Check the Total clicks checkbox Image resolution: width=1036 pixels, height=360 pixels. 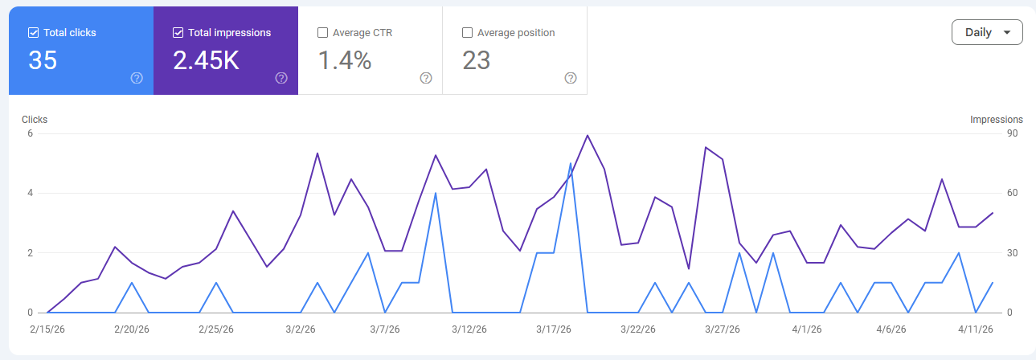click(x=33, y=33)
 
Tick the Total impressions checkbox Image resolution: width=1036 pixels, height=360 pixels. click(x=178, y=33)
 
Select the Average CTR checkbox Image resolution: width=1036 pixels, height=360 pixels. click(x=323, y=33)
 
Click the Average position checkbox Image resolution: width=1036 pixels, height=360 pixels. click(x=468, y=33)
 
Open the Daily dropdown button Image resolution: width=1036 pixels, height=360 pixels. click(x=987, y=33)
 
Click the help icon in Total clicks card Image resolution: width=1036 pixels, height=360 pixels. click(x=137, y=78)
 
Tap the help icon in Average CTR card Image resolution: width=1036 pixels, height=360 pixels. click(x=426, y=78)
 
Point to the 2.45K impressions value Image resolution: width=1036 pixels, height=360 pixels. click(x=207, y=60)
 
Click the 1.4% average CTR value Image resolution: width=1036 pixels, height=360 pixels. click(x=345, y=60)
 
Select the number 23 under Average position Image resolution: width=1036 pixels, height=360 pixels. click(x=477, y=60)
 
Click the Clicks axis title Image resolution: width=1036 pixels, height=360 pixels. click(x=35, y=120)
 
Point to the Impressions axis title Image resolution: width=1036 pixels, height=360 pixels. click(x=997, y=120)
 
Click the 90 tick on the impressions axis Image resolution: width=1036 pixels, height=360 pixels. click(x=1012, y=133)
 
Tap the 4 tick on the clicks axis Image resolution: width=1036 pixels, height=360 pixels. click(x=30, y=193)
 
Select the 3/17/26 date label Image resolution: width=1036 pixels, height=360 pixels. click(x=553, y=329)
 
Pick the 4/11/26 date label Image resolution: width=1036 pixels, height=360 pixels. click(x=976, y=329)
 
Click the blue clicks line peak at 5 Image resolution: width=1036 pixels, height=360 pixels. click(x=571, y=163)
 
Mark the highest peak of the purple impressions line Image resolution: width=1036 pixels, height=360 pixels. click(x=588, y=135)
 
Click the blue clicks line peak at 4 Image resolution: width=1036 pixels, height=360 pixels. click(x=436, y=193)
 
